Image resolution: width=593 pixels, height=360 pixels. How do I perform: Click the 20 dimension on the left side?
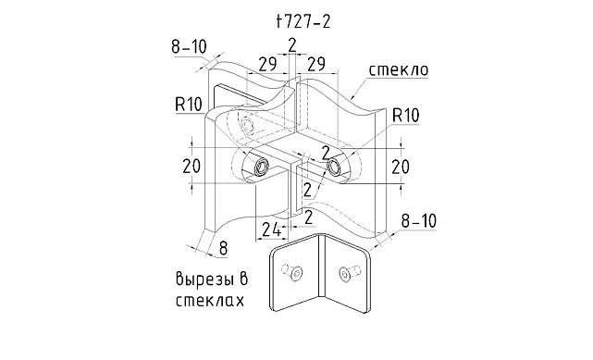pos(192,167)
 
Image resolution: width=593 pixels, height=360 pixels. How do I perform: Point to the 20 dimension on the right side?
pos(401,167)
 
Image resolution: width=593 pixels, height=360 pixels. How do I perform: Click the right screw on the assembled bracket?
pos(335,167)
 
